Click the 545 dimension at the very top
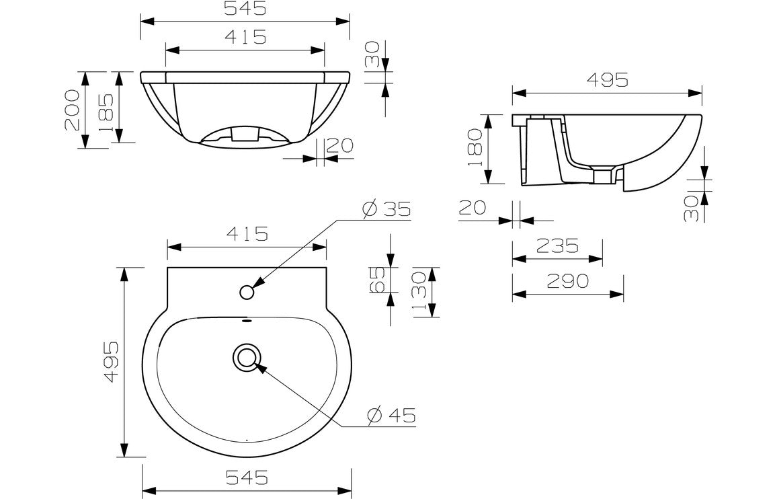(x=246, y=9)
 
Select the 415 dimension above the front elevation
(x=246, y=37)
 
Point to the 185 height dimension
(x=106, y=109)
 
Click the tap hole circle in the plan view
(x=247, y=293)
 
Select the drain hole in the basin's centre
(x=247, y=357)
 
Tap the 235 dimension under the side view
(x=557, y=246)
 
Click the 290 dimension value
(x=568, y=281)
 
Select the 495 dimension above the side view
(x=607, y=80)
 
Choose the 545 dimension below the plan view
(x=247, y=477)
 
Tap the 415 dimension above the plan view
(x=247, y=234)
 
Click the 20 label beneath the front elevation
(x=341, y=145)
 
